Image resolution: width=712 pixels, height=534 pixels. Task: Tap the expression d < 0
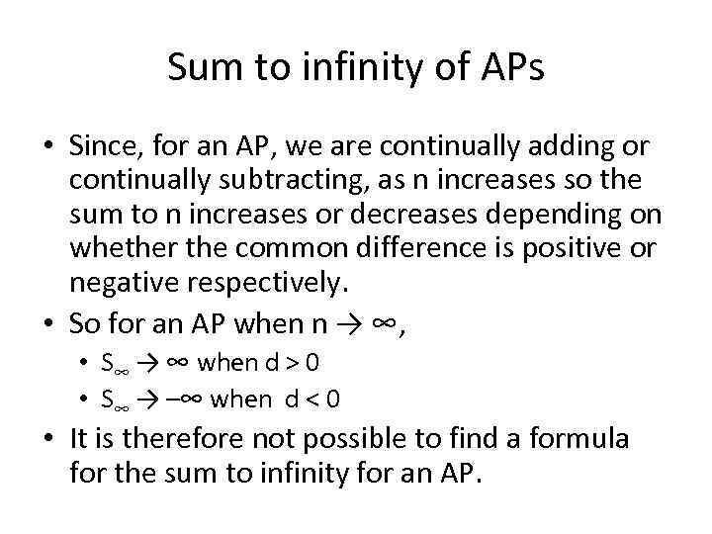pyautogui.click(x=310, y=399)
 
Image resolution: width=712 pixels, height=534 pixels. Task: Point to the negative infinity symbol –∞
pyautogui.click(x=185, y=399)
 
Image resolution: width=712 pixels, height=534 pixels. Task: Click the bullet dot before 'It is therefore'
pyautogui.click(x=48, y=438)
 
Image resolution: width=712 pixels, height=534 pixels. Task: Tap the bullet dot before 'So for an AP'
pyautogui.click(x=48, y=323)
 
